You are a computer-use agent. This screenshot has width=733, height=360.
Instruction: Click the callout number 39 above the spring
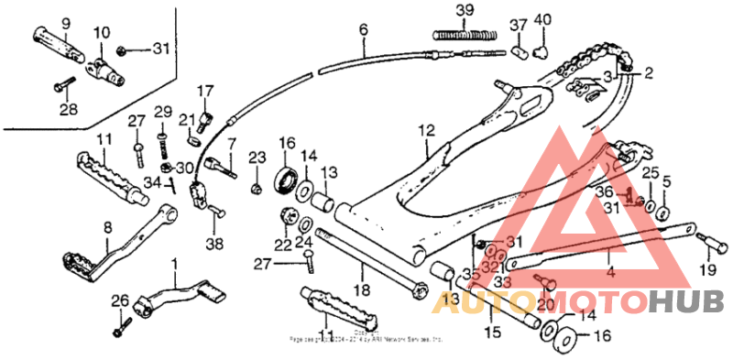465,11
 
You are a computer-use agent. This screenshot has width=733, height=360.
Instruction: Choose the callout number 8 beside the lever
108,228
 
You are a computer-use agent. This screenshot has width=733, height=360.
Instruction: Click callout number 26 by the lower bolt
120,300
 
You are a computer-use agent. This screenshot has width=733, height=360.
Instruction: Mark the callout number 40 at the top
542,19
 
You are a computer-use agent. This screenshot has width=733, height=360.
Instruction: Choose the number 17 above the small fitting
203,91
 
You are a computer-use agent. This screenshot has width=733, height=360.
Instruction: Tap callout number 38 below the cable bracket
213,245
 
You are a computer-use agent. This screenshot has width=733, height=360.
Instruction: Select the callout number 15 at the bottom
492,332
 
